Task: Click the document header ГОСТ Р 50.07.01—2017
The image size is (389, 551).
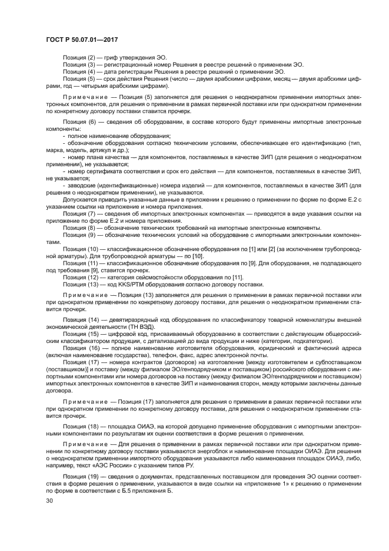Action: [82, 38]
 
